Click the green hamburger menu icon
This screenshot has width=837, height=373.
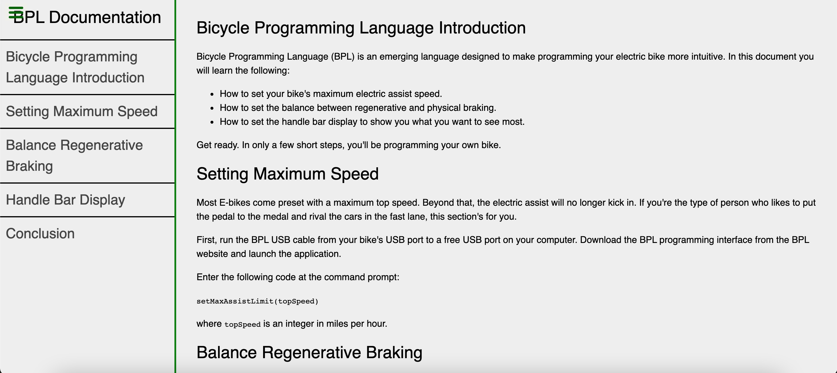click(x=16, y=12)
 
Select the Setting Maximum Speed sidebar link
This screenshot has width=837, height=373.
click(x=82, y=111)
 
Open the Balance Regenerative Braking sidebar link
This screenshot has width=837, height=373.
click(x=74, y=155)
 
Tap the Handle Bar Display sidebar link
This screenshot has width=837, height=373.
click(x=65, y=200)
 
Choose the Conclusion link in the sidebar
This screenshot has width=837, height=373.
click(x=40, y=234)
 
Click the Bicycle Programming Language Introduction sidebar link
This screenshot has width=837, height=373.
click(x=75, y=67)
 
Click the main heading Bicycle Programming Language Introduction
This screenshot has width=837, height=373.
click(x=361, y=28)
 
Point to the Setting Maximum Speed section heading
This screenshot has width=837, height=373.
click(x=288, y=174)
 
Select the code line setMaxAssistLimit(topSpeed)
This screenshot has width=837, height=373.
click(x=257, y=301)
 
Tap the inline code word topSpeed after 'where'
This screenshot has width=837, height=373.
click(x=242, y=324)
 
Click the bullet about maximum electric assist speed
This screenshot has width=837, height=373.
click(x=331, y=94)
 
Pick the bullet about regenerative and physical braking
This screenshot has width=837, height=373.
click(x=358, y=108)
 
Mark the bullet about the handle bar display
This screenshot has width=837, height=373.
click(x=372, y=122)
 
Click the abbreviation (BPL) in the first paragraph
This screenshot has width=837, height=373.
click(x=343, y=56)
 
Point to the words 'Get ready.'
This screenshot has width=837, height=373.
click(x=218, y=145)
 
